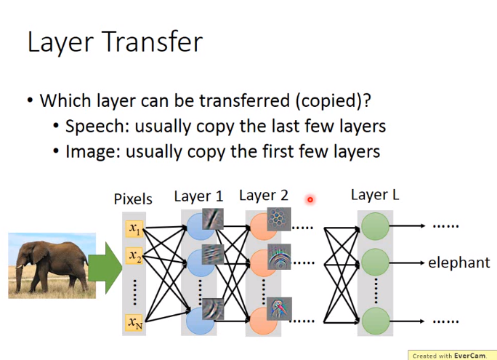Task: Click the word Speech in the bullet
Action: tap(97, 127)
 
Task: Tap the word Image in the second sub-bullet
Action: tap(93, 152)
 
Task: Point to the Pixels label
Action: tap(133, 199)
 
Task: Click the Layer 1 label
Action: tap(199, 196)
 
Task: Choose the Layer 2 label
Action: tap(264, 196)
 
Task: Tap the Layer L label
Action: tap(375, 195)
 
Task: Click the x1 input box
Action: tap(134, 228)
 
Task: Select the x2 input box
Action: tap(134, 256)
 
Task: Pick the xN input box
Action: tap(134, 323)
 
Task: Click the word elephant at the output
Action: tap(459, 263)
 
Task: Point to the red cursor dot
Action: tap(310, 199)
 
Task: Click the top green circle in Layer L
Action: tap(375, 226)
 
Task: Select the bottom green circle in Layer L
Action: tap(375, 321)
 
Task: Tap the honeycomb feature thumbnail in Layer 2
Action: tap(279, 219)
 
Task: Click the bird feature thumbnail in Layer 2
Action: tap(279, 309)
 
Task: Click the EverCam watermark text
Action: tap(449, 356)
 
